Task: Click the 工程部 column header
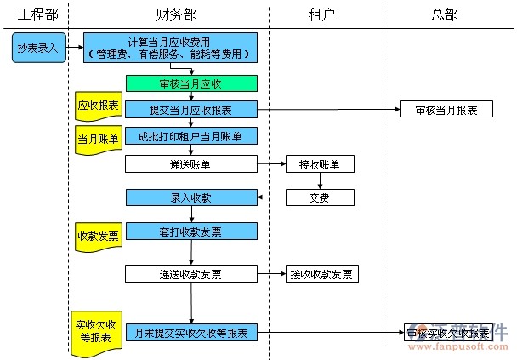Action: (37, 14)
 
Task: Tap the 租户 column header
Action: (321, 14)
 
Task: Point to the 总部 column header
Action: (444, 14)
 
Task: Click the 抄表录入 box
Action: (37, 49)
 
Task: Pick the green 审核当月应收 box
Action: (190, 83)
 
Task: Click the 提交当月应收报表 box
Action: (190, 110)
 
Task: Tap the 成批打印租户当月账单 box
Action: (190, 136)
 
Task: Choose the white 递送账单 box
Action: (190, 164)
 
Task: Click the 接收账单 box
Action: (320, 164)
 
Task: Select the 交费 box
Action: (320, 197)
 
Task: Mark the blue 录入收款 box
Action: (190, 197)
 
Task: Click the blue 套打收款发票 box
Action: (190, 231)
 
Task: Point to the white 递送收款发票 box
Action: (190, 274)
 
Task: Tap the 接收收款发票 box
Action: (322, 274)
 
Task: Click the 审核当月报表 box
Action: (446, 110)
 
